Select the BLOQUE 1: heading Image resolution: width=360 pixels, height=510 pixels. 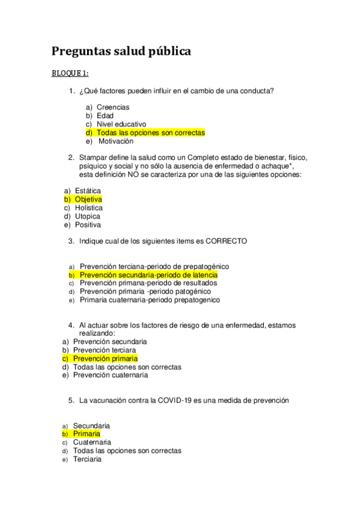tap(70, 73)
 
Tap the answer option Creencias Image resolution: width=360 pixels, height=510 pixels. tap(113, 107)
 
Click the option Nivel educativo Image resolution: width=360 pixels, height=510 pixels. tap(121, 124)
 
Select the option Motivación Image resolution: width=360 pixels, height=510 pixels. tap(116, 141)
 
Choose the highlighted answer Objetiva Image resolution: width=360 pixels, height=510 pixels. tap(88, 199)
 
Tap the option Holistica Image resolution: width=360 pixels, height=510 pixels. tap(89, 207)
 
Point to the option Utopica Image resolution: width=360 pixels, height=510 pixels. tap(88, 216)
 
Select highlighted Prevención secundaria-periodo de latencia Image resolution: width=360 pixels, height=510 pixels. tap(148, 275)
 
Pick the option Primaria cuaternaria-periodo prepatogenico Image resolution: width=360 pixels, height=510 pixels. tap(150, 300)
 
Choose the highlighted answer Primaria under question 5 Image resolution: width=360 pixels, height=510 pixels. tap(87, 434)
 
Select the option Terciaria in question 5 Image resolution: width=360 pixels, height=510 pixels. tap(87, 459)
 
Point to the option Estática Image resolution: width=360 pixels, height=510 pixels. tap(88, 191)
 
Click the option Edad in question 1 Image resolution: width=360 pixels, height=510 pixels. tap(105, 115)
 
